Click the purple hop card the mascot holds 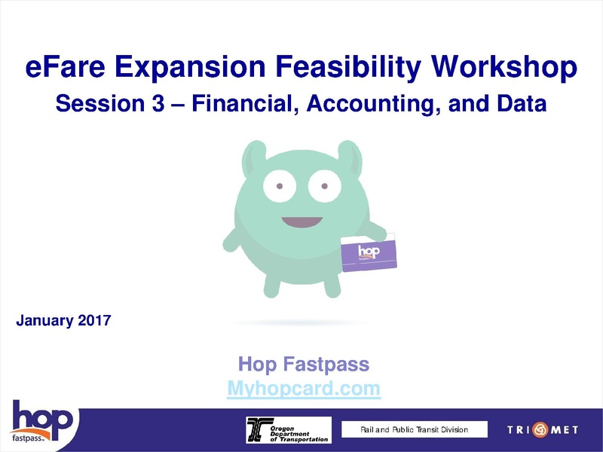[x=369, y=254]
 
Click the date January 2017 [x=64, y=321]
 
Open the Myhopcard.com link [x=304, y=389]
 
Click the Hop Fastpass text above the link [x=304, y=365]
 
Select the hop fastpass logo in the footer [x=41, y=423]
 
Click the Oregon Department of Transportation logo [x=289, y=429]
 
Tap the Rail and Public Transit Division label [x=414, y=429]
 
